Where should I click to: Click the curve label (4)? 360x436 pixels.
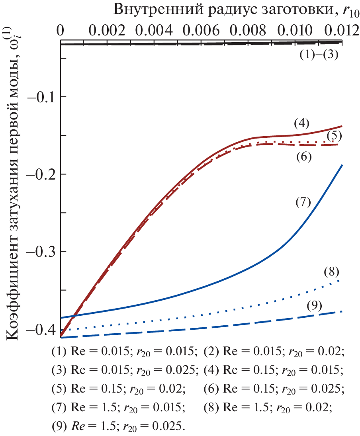[x=301, y=123]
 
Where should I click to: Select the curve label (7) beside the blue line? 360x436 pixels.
[x=303, y=202]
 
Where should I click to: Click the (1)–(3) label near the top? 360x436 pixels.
[x=319, y=55]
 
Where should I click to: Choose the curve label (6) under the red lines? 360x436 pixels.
[x=304, y=157]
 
